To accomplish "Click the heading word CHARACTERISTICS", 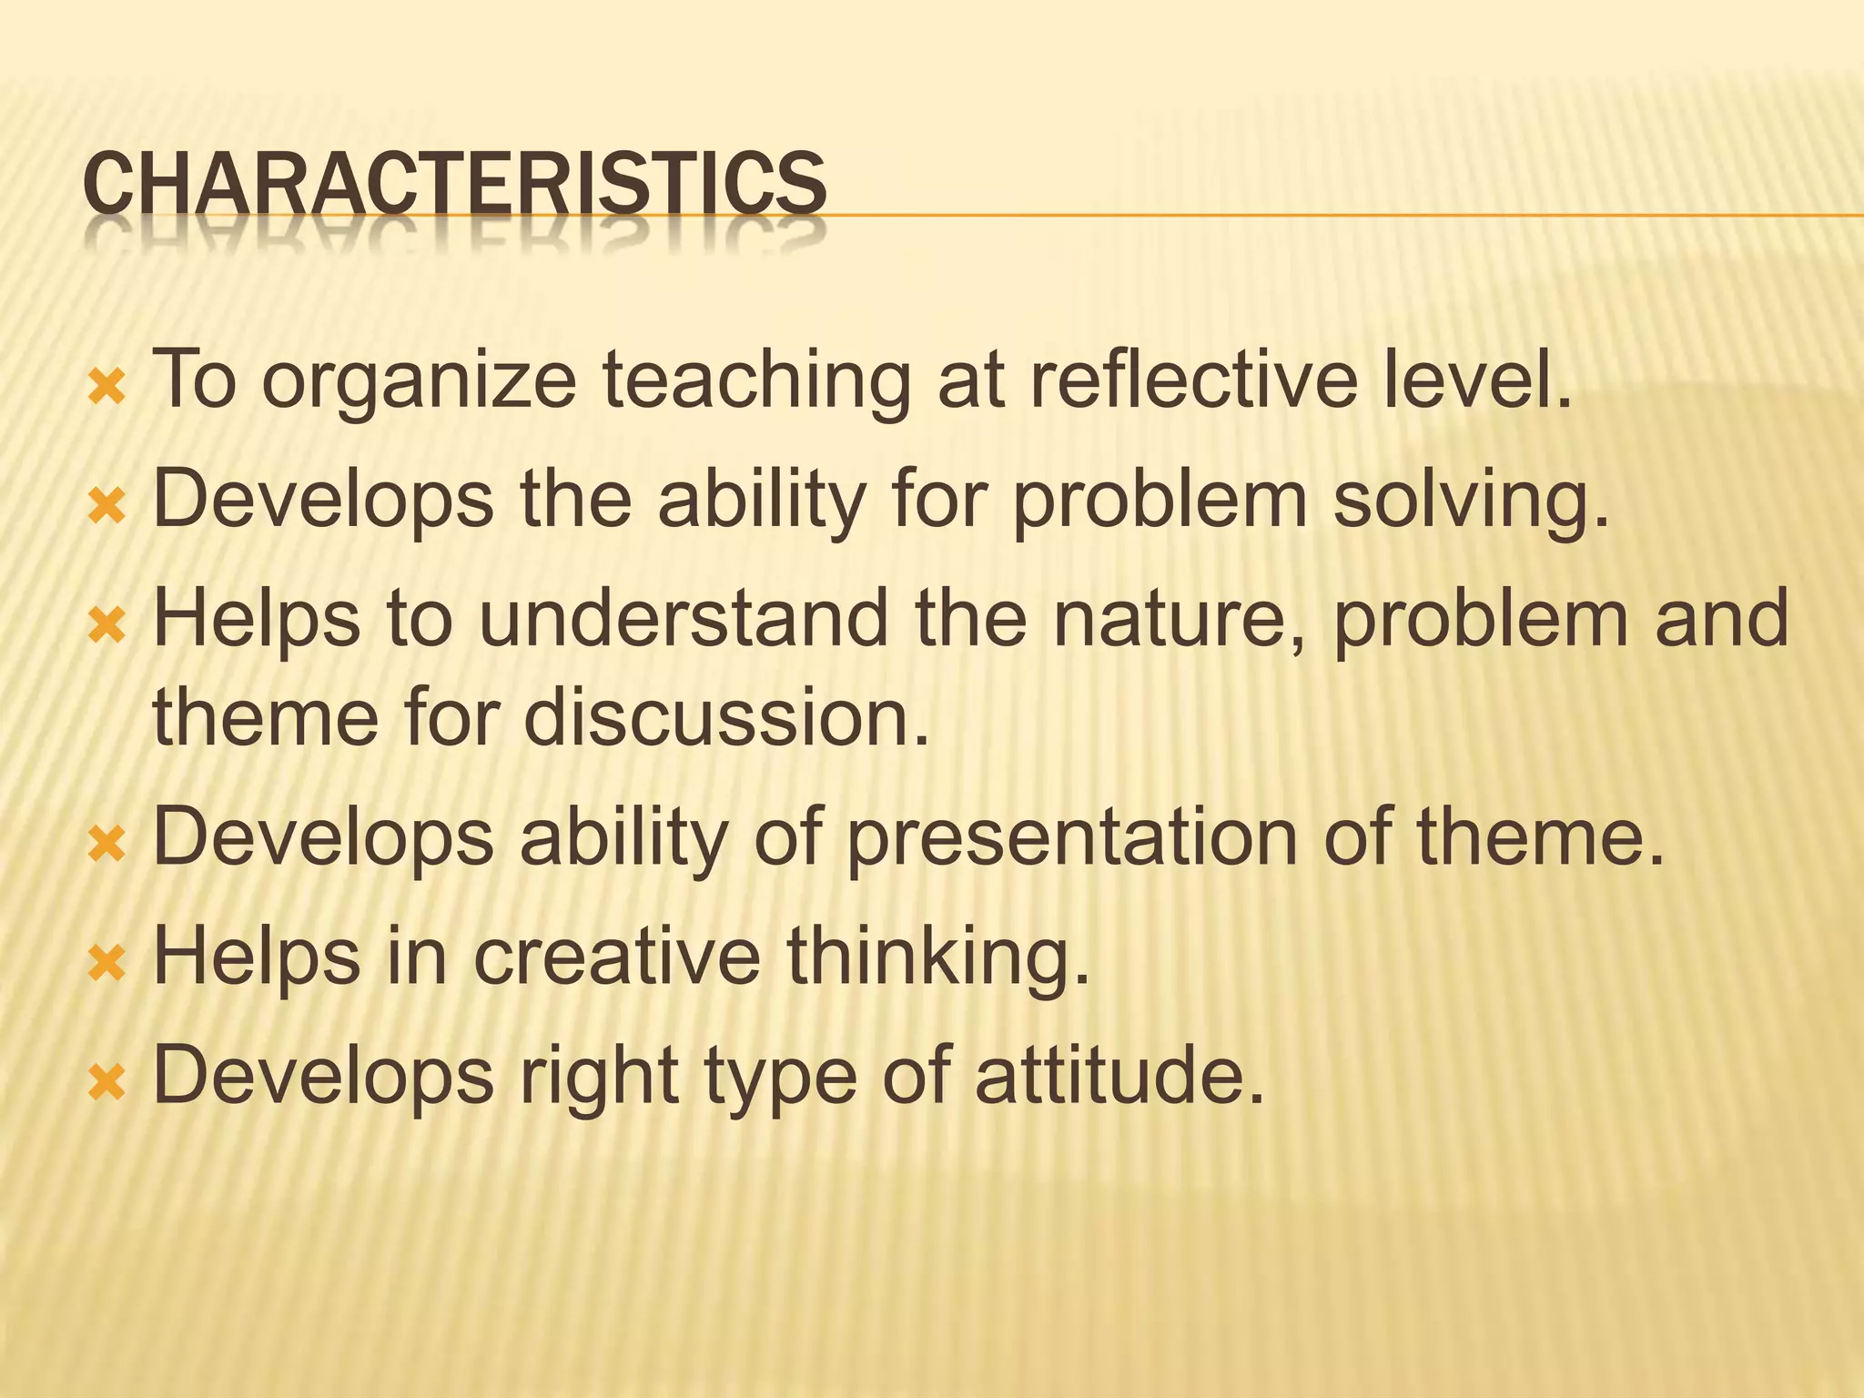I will coord(454,185).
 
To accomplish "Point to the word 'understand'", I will coord(683,618).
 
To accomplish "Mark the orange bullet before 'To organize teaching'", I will coord(106,390).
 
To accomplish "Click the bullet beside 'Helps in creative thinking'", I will coord(106,964).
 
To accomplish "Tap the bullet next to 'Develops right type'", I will coord(106,1083).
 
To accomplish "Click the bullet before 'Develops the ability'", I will coord(106,508).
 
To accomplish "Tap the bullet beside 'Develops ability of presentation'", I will coord(106,846).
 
